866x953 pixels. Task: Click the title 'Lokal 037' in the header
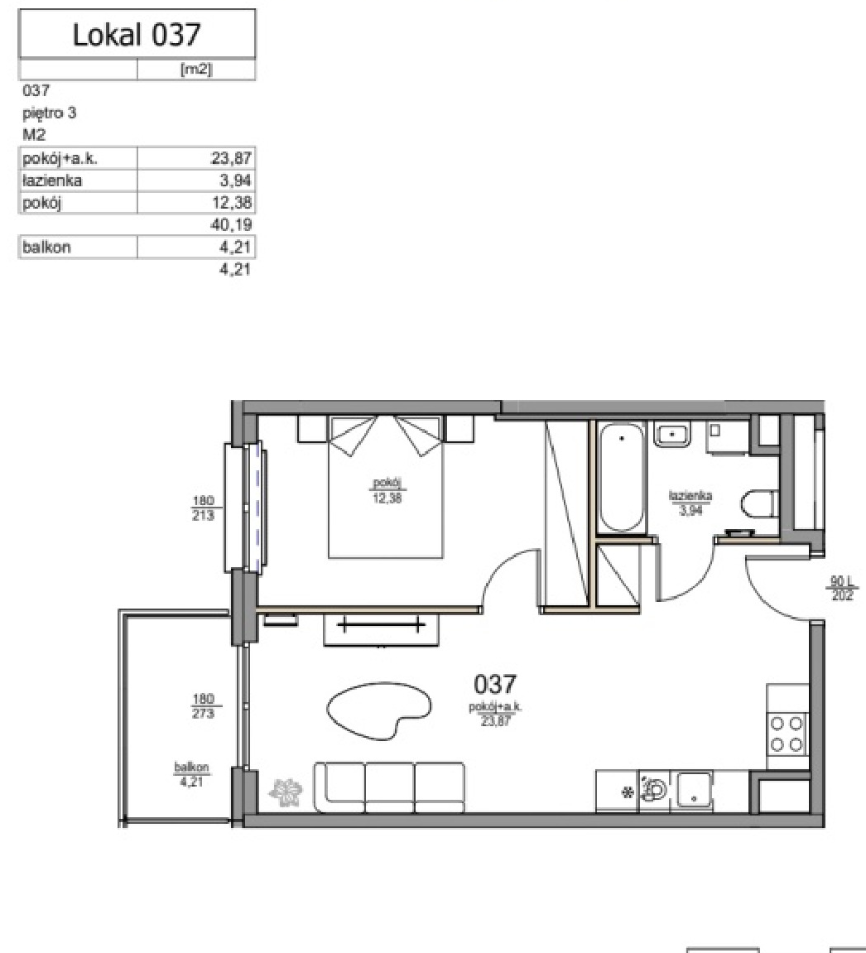[x=137, y=34]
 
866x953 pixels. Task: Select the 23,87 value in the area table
[x=231, y=159]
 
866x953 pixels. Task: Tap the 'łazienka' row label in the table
[x=52, y=180]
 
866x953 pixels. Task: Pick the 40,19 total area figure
[x=231, y=225]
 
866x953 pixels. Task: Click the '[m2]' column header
[x=196, y=70]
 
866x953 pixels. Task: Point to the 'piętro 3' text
[x=49, y=113]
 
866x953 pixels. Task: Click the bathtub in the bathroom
[x=622, y=478]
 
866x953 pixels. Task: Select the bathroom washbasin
[x=672, y=434]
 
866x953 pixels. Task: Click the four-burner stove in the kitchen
[x=787, y=733]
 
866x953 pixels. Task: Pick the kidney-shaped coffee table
[x=379, y=710]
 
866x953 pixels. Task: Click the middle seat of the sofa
[x=390, y=787]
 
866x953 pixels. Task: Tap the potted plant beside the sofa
[x=286, y=792]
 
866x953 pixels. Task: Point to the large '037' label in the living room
[x=495, y=685]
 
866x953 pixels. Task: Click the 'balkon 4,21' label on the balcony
[x=191, y=774]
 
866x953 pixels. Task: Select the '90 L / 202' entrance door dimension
[x=842, y=588]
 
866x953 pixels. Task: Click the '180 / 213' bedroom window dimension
[x=203, y=508]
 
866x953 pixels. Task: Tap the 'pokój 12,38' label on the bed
[x=387, y=490]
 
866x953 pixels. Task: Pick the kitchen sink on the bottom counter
[x=694, y=791]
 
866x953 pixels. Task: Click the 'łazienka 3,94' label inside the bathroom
[x=690, y=503]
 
